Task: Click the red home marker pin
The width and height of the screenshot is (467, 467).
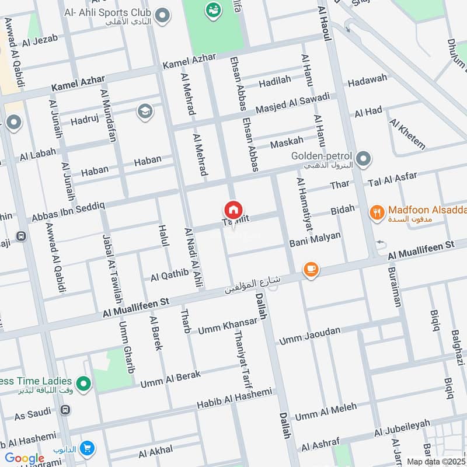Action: coord(233,210)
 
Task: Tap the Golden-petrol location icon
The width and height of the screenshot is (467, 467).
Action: coord(363,158)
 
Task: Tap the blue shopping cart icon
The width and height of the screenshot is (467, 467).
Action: coord(87,448)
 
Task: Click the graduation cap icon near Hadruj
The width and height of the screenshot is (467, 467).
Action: coord(144,111)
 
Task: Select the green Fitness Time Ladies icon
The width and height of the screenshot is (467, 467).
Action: coord(84,384)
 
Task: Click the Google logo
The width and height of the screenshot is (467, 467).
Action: coord(25,459)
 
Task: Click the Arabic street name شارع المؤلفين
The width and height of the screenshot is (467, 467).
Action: coord(251,285)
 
